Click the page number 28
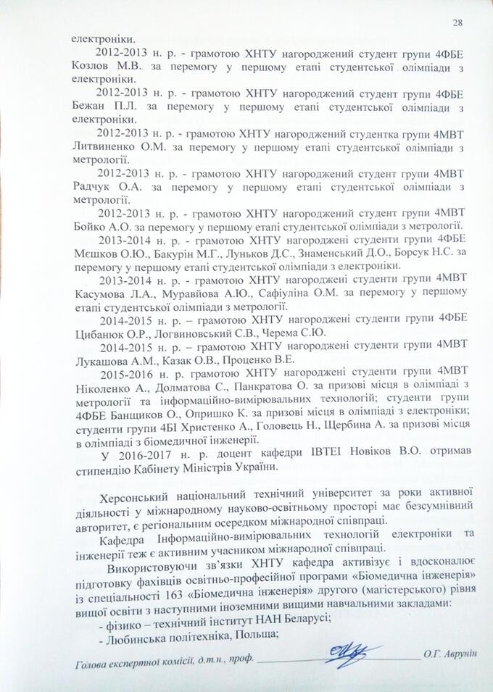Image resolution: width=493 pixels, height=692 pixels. [x=457, y=23]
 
